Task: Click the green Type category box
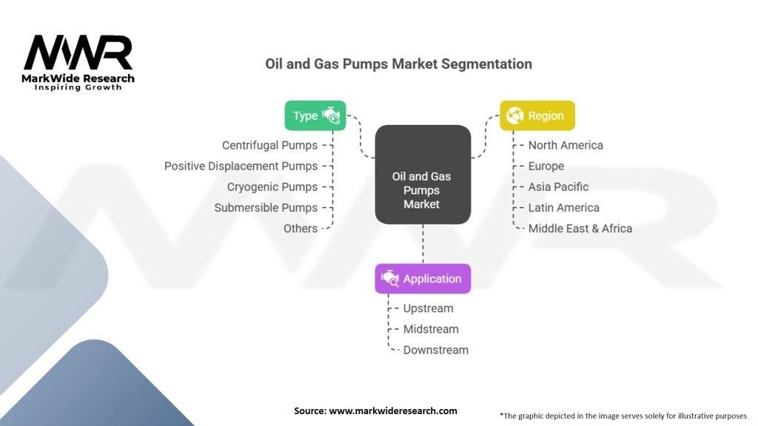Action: pos(315,115)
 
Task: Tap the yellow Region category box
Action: pos(537,115)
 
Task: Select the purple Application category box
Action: pos(423,279)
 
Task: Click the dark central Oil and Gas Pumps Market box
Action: pos(423,175)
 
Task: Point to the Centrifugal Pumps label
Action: pos(269,146)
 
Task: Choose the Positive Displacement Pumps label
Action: pos(241,166)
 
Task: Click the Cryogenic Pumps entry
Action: pos(272,187)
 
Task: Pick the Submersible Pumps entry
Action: pos(266,208)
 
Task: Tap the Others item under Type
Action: pos(301,229)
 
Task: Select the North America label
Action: pos(566,146)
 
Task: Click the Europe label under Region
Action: pos(546,166)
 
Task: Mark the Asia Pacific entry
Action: pos(559,187)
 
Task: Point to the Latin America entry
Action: pos(564,208)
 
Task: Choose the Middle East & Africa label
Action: pos(580,229)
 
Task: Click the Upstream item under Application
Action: pos(429,308)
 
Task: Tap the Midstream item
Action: pos(431,329)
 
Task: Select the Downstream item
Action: pos(436,350)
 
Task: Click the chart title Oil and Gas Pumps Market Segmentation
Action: pos(398,64)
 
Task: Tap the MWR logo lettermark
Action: pos(78,53)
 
